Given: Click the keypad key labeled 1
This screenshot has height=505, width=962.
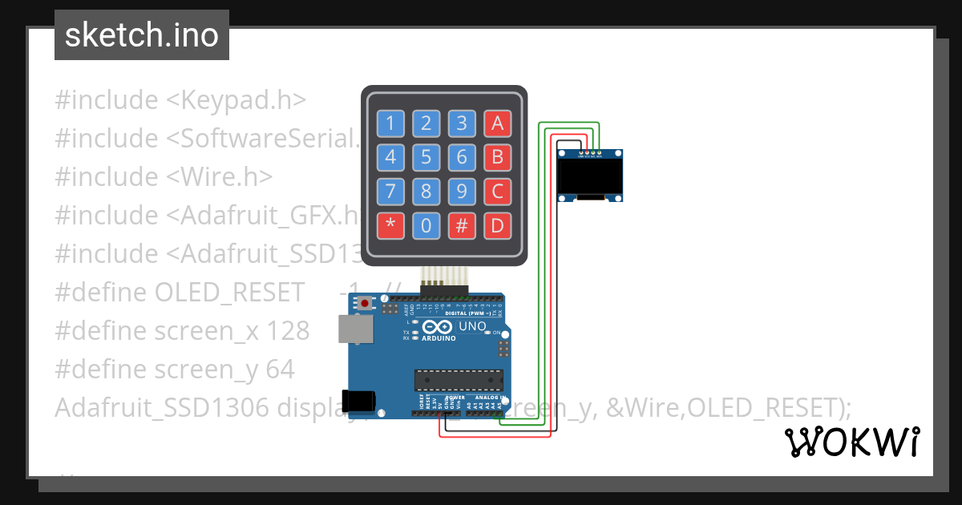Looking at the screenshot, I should (x=390, y=123).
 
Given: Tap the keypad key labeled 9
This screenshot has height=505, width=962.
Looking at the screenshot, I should (x=462, y=192).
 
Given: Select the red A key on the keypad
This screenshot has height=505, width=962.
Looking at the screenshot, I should (x=497, y=123).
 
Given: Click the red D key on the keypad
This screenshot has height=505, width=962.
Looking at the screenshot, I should (x=497, y=226).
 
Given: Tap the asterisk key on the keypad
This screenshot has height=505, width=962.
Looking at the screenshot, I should (x=390, y=226).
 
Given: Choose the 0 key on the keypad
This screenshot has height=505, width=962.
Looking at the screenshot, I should (x=426, y=226).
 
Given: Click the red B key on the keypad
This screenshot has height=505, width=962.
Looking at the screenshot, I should (x=497, y=157).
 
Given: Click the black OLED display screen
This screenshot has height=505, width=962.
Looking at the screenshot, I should (x=590, y=178).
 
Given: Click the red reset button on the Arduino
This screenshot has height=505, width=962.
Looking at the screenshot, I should (x=366, y=304).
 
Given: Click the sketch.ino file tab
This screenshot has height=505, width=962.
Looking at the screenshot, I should (x=142, y=35).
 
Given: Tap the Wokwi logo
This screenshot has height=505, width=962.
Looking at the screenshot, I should (x=851, y=442).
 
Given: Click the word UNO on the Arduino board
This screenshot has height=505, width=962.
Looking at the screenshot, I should (x=472, y=327).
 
